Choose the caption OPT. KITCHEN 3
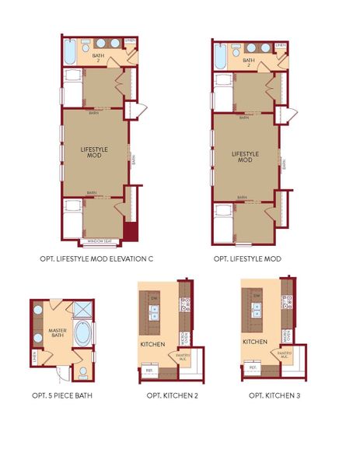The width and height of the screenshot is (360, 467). click(x=274, y=395)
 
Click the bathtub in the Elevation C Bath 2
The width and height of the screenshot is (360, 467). click(x=69, y=54)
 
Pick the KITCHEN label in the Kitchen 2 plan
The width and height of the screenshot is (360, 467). click(x=151, y=343)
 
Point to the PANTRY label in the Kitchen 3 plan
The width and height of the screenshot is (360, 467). click(x=285, y=355)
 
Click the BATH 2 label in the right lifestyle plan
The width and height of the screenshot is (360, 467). click(x=249, y=63)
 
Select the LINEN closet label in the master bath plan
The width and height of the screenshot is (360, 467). click(x=35, y=356)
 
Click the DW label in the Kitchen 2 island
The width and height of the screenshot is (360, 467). click(x=155, y=298)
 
